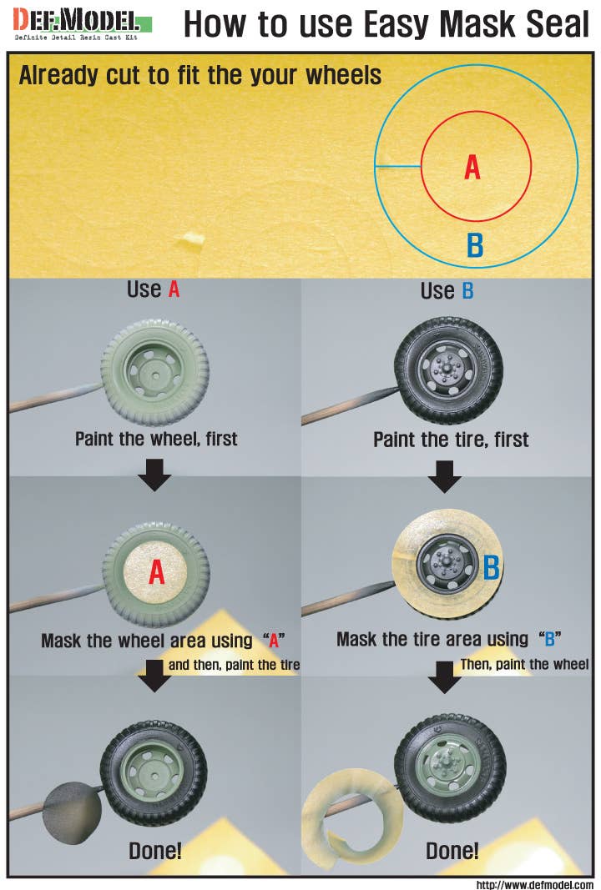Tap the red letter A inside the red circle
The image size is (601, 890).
(x=472, y=168)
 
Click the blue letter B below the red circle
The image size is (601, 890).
(x=475, y=245)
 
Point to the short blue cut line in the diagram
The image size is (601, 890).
(x=397, y=166)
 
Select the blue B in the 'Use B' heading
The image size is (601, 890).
(x=467, y=290)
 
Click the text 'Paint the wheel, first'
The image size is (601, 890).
(x=156, y=439)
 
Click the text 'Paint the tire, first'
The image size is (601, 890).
(x=451, y=440)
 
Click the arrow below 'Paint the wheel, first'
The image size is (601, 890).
(x=155, y=475)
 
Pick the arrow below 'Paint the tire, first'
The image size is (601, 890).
(x=445, y=475)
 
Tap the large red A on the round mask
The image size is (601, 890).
(x=157, y=571)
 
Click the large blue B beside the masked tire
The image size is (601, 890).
(x=492, y=566)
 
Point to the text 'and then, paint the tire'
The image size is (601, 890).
(x=234, y=665)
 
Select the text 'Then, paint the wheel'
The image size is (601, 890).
(x=524, y=664)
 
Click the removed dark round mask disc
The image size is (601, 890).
(x=72, y=812)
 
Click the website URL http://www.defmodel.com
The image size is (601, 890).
(x=535, y=884)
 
